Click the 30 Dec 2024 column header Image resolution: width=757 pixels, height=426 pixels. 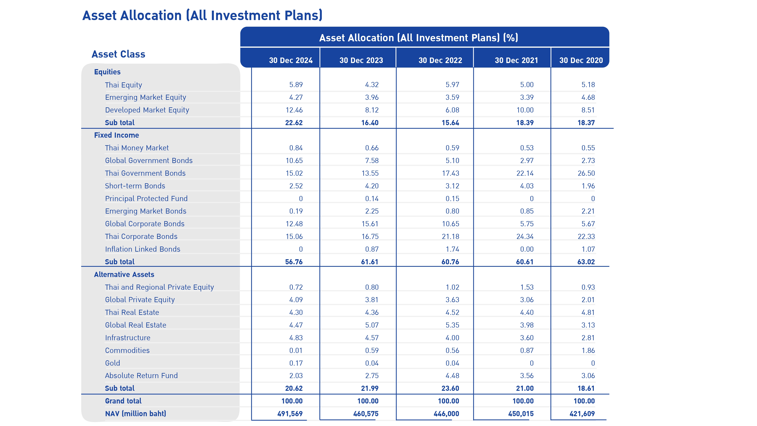pyautogui.click(x=291, y=60)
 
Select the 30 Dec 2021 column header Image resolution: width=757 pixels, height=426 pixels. pyautogui.click(x=516, y=60)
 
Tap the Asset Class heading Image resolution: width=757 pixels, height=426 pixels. pyautogui.click(x=118, y=54)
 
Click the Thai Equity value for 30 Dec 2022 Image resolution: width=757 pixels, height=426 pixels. pyautogui.click(x=452, y=85)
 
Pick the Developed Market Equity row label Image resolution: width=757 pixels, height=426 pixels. pyautogui.click(x=147, y=110)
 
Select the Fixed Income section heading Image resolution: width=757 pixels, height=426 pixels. pyautogui.click(x=116, y=135)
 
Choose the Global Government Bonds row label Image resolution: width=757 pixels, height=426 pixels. pyautogui.click(x=149, y=161)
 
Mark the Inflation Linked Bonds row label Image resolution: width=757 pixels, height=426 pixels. pyautogui.click(x=143, y=249)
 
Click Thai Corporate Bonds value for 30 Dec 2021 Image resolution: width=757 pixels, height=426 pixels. pyautogui.click(x=525, y=236)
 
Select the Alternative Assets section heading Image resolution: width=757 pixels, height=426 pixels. pyautogui.click(x=124, y=275)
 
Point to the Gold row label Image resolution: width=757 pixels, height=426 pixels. pyautogui.click(x=113, y=363)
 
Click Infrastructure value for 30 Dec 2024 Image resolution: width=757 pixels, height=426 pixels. pyautogui.click(x=296, y=338)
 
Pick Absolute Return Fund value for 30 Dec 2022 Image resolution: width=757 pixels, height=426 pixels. pyautogui.click(x=452, y=376)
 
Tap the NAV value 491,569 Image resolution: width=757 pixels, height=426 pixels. pyautogui.click(x=290, y=414)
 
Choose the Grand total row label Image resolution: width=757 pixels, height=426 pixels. pyautogui.click(x=123, y=401)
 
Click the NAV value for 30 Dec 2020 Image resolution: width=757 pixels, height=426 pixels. pyautogui.click(x=582, y=414)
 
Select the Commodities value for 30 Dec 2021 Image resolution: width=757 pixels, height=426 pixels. pyautogui.click(x=527, y=350)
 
